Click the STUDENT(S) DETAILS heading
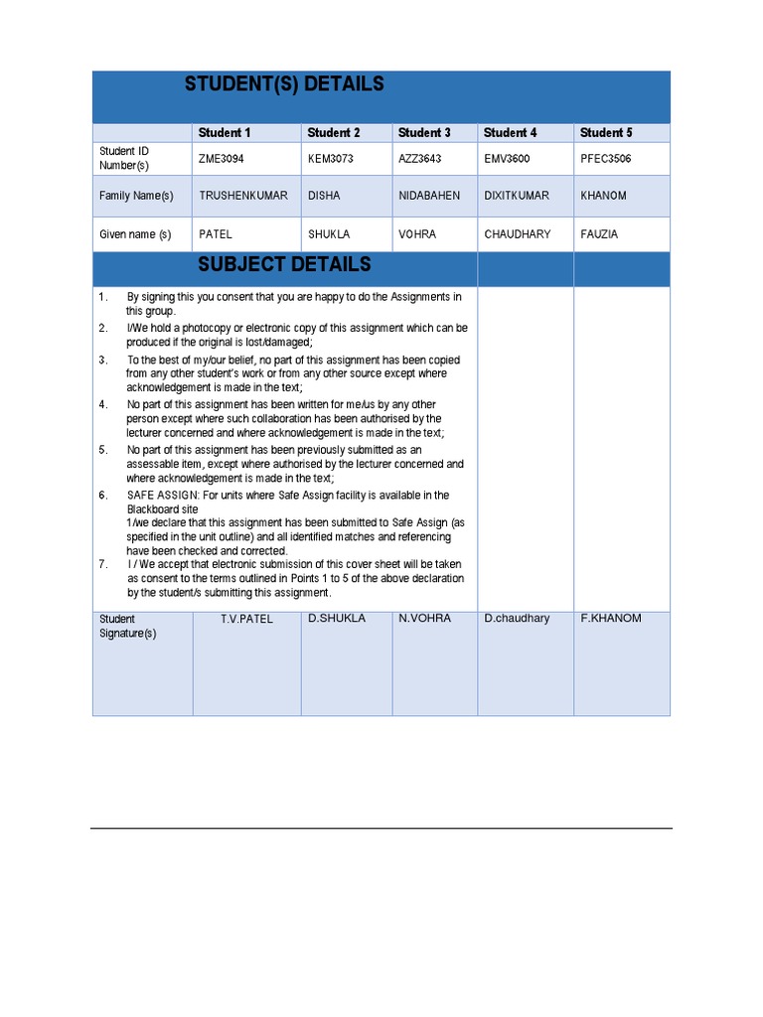point(284,84)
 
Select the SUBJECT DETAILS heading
point(284,264)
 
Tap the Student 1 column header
point(225,132)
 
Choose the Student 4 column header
point(511,132)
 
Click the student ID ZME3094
point(221,159)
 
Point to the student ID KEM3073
point(331,159)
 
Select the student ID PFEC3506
point(606,159)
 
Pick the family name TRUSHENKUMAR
point(243,196)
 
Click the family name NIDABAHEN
point(429,196)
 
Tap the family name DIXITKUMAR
point(517,196)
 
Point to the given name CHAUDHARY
point(518,234)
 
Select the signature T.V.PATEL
point(246,619)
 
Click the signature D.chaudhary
point(517,619)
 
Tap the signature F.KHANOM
point(611,619)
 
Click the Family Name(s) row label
point(136,196)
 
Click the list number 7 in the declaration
point(102,564)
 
